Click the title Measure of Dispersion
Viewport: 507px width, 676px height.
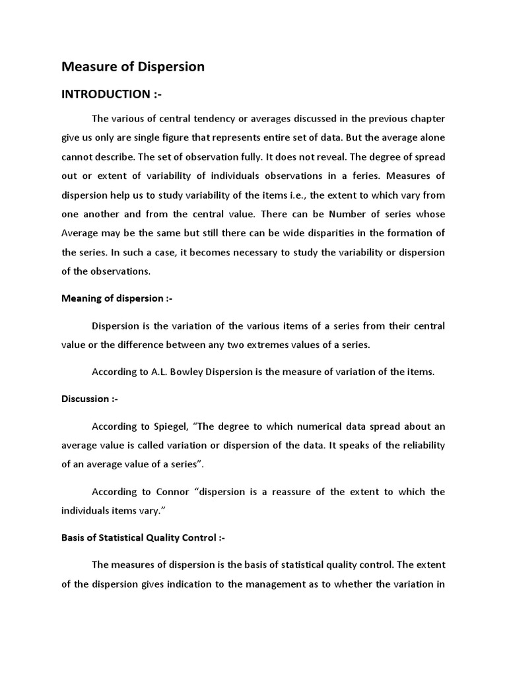[133, 67]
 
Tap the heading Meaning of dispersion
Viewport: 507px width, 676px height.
[116, 298]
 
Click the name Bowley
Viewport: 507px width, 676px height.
[199, 372]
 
